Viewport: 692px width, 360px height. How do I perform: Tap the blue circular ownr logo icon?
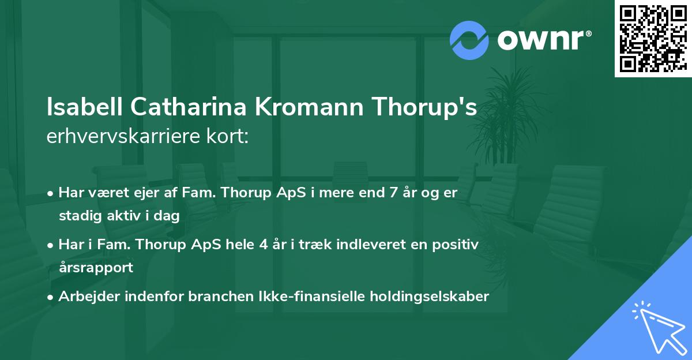(x=469, y=40)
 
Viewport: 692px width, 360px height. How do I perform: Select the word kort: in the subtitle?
(x=229, y=136)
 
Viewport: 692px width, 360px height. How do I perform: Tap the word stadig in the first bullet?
(x=78, y=216)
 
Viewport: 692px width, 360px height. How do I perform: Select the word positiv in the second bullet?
(x=457, y=245)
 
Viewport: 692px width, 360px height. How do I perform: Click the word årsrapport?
(x=96, y=268)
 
